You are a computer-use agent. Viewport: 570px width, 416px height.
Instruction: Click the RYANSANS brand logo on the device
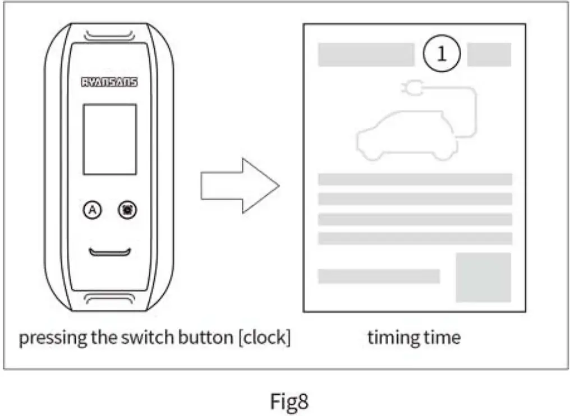click(x=109, y=82)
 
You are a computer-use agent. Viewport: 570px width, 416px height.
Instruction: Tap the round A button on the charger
click(x=93, y=210)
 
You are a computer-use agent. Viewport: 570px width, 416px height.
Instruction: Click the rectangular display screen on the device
click(x=110, y=139)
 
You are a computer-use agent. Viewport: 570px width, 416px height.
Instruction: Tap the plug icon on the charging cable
click(x=412, y=88)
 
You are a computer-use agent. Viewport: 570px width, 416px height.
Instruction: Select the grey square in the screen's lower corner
click(x=483, y=278)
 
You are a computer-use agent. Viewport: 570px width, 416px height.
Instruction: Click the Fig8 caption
click(x=289, y=401)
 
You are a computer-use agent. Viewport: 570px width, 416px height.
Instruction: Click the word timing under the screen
click(x=388, y=338)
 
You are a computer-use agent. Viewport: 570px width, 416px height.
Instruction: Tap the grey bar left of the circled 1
click(x=366, y=55)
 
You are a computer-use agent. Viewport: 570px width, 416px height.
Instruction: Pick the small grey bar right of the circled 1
click(x=489, y=55)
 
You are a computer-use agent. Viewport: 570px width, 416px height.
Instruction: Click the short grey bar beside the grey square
click(x=379, y=276)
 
